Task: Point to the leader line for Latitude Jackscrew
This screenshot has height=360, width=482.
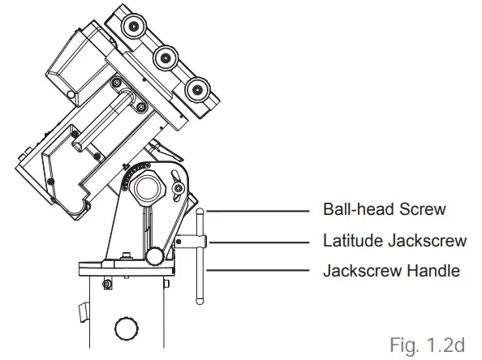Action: pyautogui.click(x=260, y=241)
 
